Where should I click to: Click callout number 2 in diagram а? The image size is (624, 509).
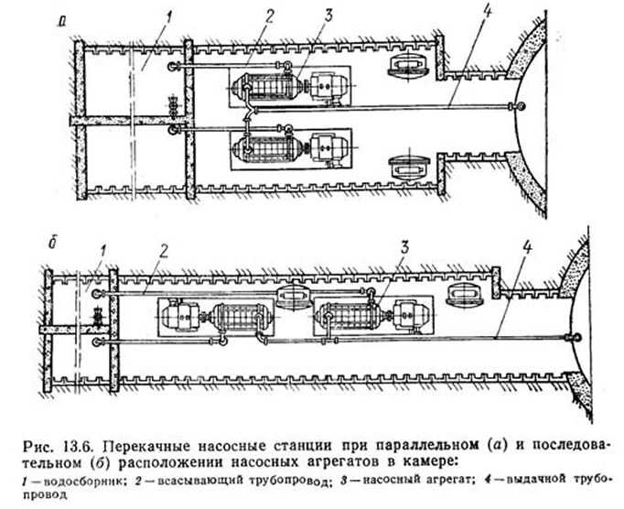tap(270, 17)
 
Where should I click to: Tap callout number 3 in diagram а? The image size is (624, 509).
tap(328, 16)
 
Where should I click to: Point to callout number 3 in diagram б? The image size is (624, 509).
tap(404, 248)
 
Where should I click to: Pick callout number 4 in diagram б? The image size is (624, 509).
tap(526, 248)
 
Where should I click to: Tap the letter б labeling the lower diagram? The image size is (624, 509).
tap(51, 244)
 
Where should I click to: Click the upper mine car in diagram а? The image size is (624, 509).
tap(409, 65)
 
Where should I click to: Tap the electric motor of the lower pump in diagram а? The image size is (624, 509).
tap(328, 147)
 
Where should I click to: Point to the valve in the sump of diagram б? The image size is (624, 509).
tap(96, 315)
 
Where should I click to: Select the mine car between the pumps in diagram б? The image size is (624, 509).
tap(294, 298)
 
